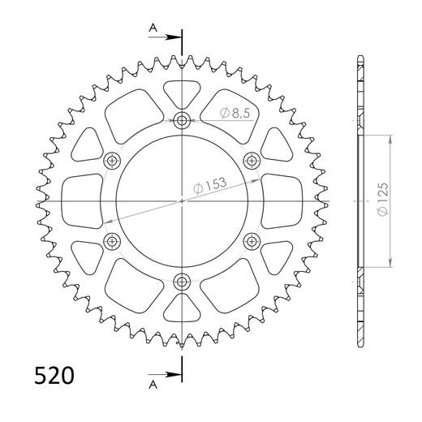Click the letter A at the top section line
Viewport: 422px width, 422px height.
pos(153,29)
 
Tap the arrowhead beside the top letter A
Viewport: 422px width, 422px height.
pos(173,37)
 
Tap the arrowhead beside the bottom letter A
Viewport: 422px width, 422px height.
pos(173,375)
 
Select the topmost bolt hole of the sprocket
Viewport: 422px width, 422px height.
pos(181,121)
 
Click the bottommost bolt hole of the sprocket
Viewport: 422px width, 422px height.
pos(181,281)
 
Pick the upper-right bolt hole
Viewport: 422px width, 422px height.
pos(250,160)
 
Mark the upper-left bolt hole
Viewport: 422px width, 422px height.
pos(112,160)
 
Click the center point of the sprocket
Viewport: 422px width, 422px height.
pos(181,200)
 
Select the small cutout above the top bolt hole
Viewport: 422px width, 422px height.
pos(181,93)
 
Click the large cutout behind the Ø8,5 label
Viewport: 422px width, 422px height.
pos(231,118)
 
